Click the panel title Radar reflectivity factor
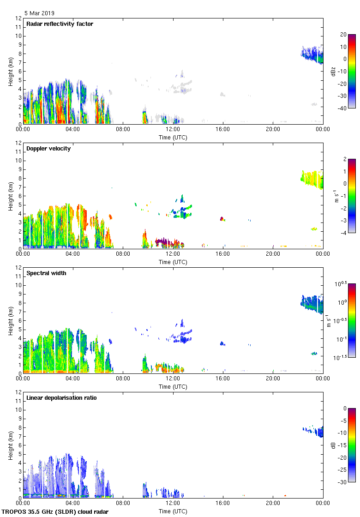(x=60, y=24)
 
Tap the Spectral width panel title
(x=46, y=273)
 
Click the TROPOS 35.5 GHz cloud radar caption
(x=55, y=511)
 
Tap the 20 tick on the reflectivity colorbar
(x=343, y=35)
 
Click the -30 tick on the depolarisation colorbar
(x=342, y=482)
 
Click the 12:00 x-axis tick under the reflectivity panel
(x=173, y=130)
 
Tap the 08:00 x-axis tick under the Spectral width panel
(x=123, y=379)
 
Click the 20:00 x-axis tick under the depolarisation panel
(x=273, y=504)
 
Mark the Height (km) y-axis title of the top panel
(x=10, y=71)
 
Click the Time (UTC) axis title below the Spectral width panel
(x=173, y=386)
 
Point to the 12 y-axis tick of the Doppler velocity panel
(x=19, y=143)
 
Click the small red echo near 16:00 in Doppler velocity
(x=222, y=218)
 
